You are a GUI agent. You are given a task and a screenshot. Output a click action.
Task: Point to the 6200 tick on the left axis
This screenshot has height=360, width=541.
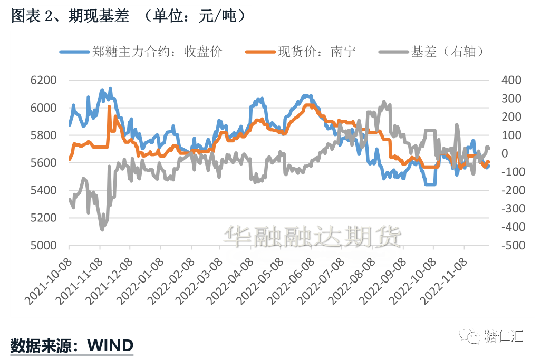click(x=44, y=80)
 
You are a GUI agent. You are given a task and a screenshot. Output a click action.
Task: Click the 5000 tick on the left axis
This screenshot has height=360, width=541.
click(x=44, y=246)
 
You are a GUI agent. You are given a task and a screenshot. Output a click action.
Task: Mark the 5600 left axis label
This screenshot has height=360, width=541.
click(x=44, y=163)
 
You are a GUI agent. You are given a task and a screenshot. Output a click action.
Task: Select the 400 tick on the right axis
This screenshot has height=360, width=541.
click(x=511, y=80)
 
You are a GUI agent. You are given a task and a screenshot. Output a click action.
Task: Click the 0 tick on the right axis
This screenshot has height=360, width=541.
click(x=505, y=153)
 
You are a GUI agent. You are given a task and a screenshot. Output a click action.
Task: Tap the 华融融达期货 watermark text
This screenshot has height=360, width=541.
click(x=312, y=237)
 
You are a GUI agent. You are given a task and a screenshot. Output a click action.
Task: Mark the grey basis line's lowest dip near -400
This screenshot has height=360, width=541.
click(x=102, y=229)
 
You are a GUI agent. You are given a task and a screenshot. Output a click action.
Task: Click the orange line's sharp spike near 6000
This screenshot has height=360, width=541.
click(x=109, y=108)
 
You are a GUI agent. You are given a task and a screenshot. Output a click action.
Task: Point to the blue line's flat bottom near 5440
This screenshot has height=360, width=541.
click(x=430, y=184)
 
